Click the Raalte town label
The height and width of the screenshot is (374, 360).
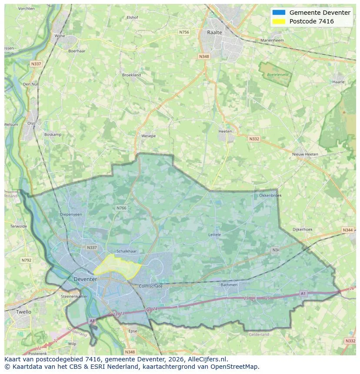[x=214, y=32]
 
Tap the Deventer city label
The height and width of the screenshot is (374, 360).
[x=85, y=279]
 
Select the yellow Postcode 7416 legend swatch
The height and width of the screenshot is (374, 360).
[x=279, y=21]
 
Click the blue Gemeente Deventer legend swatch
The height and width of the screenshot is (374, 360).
[x=279, y=13]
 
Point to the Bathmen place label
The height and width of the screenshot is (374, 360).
[x=229, y=285]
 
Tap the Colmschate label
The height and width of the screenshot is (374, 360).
[x=150, y=286]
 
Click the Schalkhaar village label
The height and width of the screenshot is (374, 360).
[x=127, y=252]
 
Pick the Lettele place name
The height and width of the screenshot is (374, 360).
[x=215, y=235]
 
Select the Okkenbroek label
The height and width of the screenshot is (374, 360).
[x=270, y=195]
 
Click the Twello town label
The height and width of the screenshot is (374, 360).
[x=23, y=312]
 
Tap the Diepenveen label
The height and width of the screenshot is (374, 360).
[x=71, y=214]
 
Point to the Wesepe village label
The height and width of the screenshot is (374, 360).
[x=148, y=136]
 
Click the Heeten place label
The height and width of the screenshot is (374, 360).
[x=225, y=131]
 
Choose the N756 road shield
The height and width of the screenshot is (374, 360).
[x=184, y=32]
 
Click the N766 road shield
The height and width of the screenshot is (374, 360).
[x=121, y=208]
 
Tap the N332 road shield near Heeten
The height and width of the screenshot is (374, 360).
[x=254, y=139]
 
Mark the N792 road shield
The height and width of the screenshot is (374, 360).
[x=27, y=260]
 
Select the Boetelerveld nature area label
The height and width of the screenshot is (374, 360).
[x=277, y=74]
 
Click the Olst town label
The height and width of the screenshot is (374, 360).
[x=31, y=123]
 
